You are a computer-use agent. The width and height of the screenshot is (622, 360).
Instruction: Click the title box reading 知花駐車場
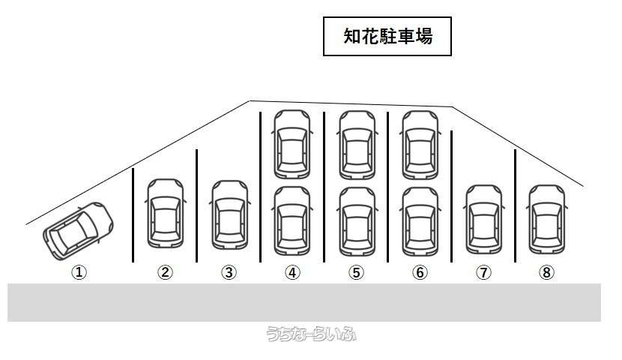pos(387,37)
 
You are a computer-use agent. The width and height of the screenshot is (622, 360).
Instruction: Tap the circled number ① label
pos(79,273)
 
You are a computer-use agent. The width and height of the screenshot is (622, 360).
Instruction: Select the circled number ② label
pos(165,273)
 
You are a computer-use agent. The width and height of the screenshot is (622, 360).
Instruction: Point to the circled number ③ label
pos(229,273)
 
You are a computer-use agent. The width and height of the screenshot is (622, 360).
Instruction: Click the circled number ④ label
pos(292,273)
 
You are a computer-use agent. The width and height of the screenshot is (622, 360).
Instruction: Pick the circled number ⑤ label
pos(356,273)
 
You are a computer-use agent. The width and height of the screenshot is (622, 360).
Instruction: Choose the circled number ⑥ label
pos(420,273)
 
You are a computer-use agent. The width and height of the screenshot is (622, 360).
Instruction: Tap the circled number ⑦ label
pos(483,273)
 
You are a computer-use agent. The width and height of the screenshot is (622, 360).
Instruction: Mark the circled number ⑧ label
pos(546,273)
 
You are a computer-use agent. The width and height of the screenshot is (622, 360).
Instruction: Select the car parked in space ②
pos(165,213)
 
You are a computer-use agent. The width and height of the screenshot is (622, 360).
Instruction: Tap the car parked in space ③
pos(229,214)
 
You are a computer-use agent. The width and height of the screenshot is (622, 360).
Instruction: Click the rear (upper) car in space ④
pos(292,144)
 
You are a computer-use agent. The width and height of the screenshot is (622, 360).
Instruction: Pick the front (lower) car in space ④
pos(292,220)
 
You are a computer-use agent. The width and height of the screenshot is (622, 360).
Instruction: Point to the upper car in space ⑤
pos(356,144)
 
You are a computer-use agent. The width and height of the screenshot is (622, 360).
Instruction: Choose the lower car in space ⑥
pos(420,220)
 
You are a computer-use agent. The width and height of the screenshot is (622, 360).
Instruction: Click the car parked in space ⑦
pos(483,219)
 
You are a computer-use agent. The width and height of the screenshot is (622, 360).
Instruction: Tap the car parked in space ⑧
pos(546,219)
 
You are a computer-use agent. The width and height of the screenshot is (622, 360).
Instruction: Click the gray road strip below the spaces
pos(304,302)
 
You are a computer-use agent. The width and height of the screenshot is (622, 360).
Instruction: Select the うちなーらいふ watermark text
pos(311,334)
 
